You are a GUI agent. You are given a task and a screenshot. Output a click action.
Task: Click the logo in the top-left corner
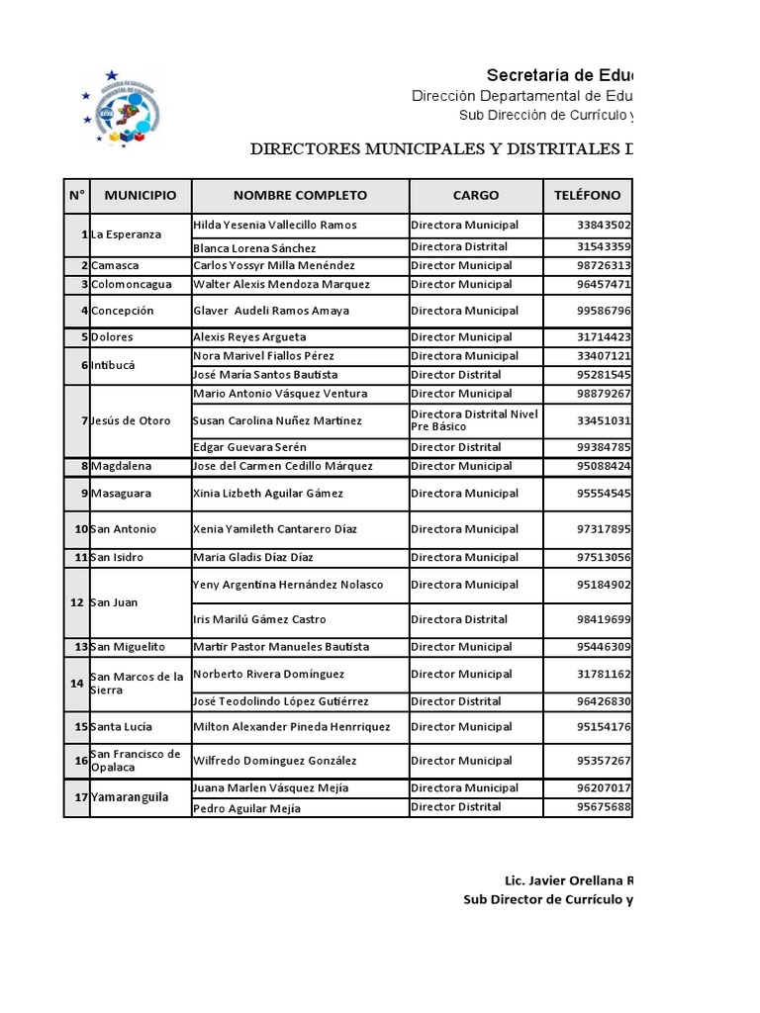click(x=119, y=109)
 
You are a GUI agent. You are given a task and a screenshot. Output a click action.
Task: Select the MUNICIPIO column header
click(x=141, y=195)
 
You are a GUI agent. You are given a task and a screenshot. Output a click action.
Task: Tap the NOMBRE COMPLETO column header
click(x=300, y=195)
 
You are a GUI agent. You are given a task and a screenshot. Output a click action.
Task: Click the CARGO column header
click(x=476, y=195)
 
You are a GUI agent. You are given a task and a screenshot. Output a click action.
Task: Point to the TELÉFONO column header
click(x=588, y=195)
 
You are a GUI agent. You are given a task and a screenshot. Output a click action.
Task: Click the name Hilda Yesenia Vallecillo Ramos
click(x=275, y=225)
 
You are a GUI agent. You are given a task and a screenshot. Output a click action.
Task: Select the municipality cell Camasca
click(x=115, y=265)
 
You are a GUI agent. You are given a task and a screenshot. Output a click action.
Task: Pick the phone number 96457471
click(x=604, y=284)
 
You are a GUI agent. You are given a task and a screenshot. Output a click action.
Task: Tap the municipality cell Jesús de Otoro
click(x=131, y=420)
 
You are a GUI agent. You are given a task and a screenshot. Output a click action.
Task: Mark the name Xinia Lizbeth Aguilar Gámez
click(x=268, y=493)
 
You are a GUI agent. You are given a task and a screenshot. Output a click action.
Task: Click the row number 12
click(x=76, y=602)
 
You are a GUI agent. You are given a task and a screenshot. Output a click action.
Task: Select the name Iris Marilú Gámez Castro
click(x=259, y=619)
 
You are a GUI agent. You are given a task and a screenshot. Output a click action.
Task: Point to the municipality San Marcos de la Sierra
click(x=137, y=684)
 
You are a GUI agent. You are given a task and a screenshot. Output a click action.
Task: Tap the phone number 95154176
click(x=604, y=726)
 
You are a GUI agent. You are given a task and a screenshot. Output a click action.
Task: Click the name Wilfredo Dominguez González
click(x=274, y=761)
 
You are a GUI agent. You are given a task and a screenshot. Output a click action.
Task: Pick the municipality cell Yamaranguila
click(x=130, y=797)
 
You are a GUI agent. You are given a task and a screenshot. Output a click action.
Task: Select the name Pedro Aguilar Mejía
click(x=246, y=808)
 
